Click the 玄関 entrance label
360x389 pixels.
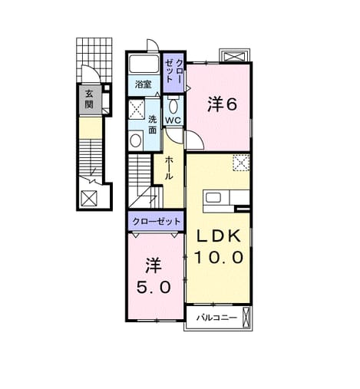click(89, 99)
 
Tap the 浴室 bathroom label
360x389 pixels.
click(143, 84)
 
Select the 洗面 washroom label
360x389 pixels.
click(153, 124)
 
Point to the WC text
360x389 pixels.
click(173, 120)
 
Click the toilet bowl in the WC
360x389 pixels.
click(173, 106)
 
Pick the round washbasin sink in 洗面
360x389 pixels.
click(135, 140)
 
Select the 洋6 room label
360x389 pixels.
click(222, 104)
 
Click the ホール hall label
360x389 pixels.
click(169, 168)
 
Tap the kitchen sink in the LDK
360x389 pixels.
click(213, 198)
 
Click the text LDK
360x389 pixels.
click(218, 236)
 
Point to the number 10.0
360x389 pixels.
click(218, 257)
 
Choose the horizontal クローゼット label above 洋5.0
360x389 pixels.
click(156, 221)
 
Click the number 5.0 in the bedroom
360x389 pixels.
click(154, 288)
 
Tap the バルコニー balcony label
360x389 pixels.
click(216, 318)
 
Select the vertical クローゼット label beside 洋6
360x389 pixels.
click(173, 71)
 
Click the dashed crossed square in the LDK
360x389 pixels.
click(241, 163)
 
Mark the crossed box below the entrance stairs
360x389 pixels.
click(89, 198)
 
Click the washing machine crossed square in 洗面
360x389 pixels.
click(136, 110)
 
